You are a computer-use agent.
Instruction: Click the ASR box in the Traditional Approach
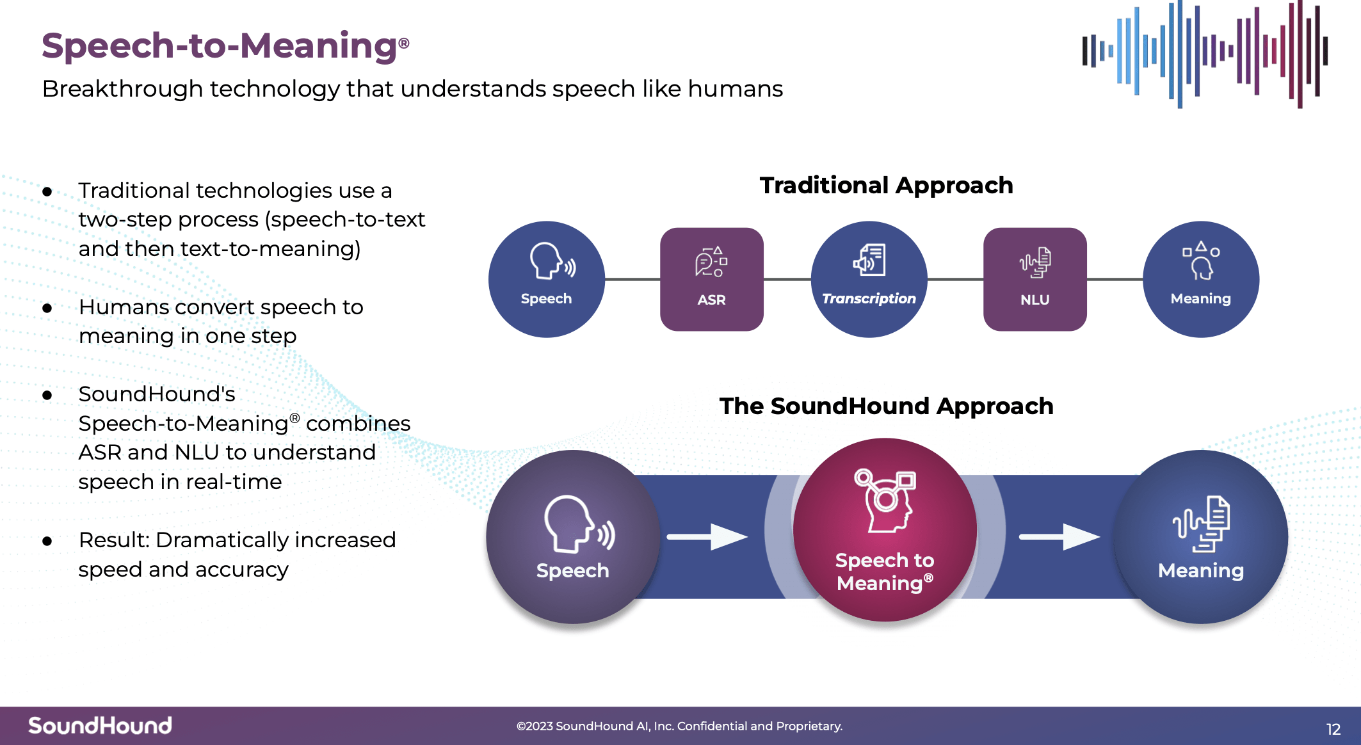[x=711, y=279]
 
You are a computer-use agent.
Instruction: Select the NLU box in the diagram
[x=1035, y=279]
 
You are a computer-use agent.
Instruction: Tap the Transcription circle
[x=869, y=279]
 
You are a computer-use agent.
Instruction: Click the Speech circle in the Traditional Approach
[x=546, y=279]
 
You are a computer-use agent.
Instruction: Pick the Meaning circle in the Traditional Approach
[x=1200, y=279]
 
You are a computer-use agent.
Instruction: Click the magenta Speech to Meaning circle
[x=885, y=530]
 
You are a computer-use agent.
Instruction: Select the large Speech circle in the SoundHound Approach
[x=572, y=536]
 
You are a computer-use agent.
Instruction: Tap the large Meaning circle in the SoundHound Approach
[x=1200, y=536]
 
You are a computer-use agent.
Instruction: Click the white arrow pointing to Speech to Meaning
[x=707, y=536]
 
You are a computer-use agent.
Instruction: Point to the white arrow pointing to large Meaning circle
[x=1059, y=536]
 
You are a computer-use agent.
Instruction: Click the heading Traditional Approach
[x=886, y=186]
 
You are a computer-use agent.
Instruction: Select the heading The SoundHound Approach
[x=886, y=406]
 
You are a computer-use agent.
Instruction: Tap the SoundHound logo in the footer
[x=100, y=725]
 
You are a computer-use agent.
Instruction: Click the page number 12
[x=1333, y=729]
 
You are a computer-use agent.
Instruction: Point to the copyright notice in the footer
[x=679, y=726]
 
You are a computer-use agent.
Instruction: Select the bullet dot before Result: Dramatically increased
[x=47, y=541]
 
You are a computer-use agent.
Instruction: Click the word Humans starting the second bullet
[x=123, y=307]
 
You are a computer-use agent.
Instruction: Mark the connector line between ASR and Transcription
[x=787, y=279]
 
